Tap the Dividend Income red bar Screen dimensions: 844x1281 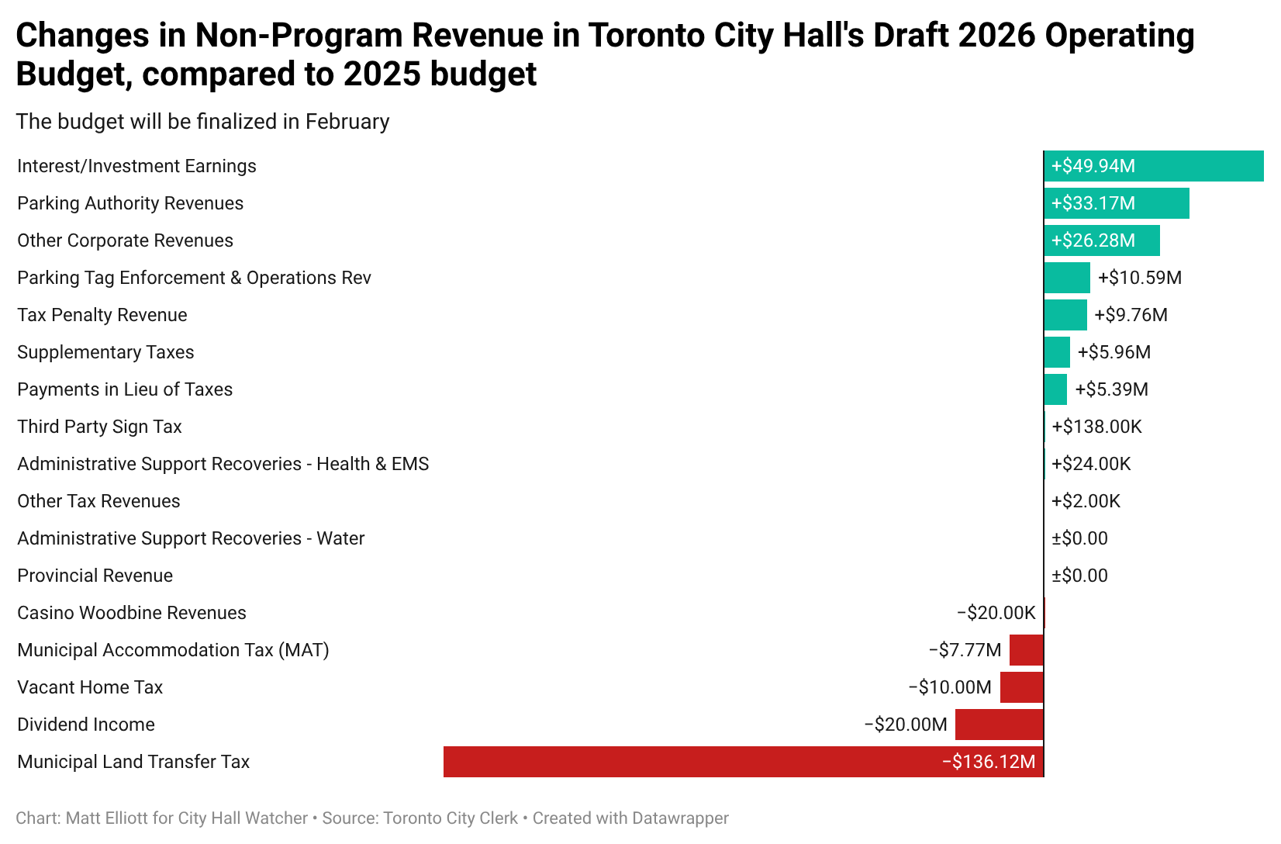(x=999, y=725)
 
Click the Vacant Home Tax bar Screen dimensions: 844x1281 (x=1021, y=687)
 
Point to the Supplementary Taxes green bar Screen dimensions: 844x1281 (x=1057, y=352)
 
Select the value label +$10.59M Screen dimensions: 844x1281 (x=1139, y=278)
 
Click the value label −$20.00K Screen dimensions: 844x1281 (x=996, y=613)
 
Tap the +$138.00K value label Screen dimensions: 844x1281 (x=1096, y=427)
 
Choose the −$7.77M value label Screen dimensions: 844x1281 (x=965, y=650)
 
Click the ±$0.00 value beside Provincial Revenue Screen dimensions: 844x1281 (x=1079, y=576)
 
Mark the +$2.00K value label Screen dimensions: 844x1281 (x=1086, y=501)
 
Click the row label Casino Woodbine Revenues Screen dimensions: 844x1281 (x=132, y=613)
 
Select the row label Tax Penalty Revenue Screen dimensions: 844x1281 (x=102, y=315)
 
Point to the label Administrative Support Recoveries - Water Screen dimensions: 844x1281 (x=191, y=538)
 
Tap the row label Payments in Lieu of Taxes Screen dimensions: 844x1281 (x=125, y=389)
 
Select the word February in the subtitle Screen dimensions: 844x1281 (x=347, y=122)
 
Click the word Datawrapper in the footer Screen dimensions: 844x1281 (x=680, y=818)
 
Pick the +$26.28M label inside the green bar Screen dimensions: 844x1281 (x=1093, y=240)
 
